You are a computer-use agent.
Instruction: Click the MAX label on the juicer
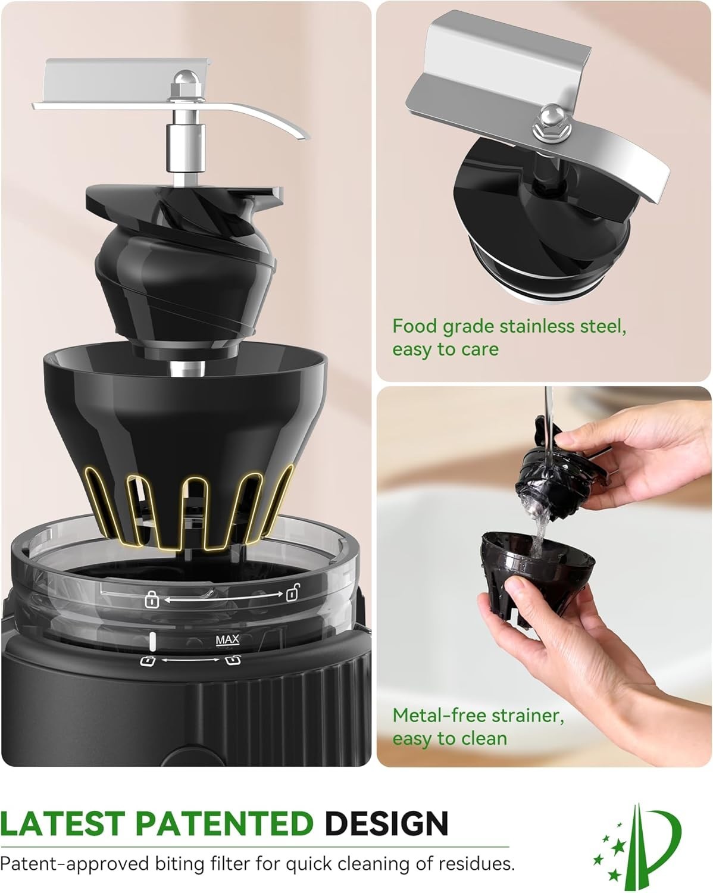(x=227, y=640)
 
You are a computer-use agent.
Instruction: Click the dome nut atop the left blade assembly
(x=186, y=80)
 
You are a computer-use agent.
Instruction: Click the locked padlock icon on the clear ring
(x=152, y=600)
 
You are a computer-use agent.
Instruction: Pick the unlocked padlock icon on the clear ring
(x=292, y=592)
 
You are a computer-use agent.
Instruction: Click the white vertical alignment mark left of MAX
(x=152, y=641)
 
